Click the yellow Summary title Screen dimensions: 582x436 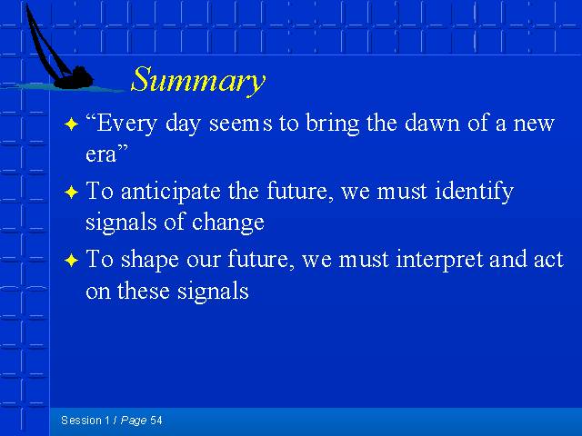198,81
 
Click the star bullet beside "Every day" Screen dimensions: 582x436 71,124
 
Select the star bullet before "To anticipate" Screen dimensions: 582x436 71,193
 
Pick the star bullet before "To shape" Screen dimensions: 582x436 71,261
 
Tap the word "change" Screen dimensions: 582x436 228,223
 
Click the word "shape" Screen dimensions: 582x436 150,261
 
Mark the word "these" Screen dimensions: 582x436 144,291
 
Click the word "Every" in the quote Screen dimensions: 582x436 126,124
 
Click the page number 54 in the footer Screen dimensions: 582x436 156,421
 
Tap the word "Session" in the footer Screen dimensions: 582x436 81,421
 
